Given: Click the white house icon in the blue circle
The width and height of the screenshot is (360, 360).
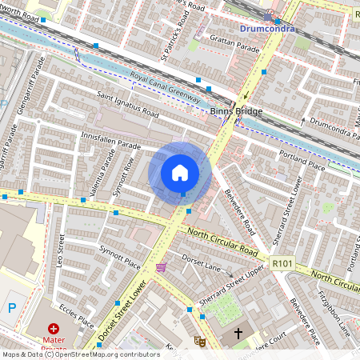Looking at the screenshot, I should [x=180, y=173].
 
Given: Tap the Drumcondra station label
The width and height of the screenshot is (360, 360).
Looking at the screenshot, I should [x=267, y=29].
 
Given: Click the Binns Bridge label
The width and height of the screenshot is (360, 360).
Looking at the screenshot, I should [x=236, y=111].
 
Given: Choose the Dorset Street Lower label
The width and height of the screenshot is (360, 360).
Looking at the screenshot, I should [x=122, y=312].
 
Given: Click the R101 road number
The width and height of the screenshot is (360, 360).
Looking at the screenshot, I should [x=282, y=262].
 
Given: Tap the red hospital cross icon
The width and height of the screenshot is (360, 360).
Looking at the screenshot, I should [x=54, y=328].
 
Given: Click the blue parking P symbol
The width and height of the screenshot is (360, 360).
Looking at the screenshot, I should [x=10, y=307].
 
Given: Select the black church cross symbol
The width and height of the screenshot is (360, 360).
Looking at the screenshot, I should [x=238, y=332].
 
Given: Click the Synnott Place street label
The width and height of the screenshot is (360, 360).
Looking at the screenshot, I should [x=119, y=258].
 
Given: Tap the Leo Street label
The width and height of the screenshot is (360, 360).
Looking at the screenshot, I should [x=61, y=249].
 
